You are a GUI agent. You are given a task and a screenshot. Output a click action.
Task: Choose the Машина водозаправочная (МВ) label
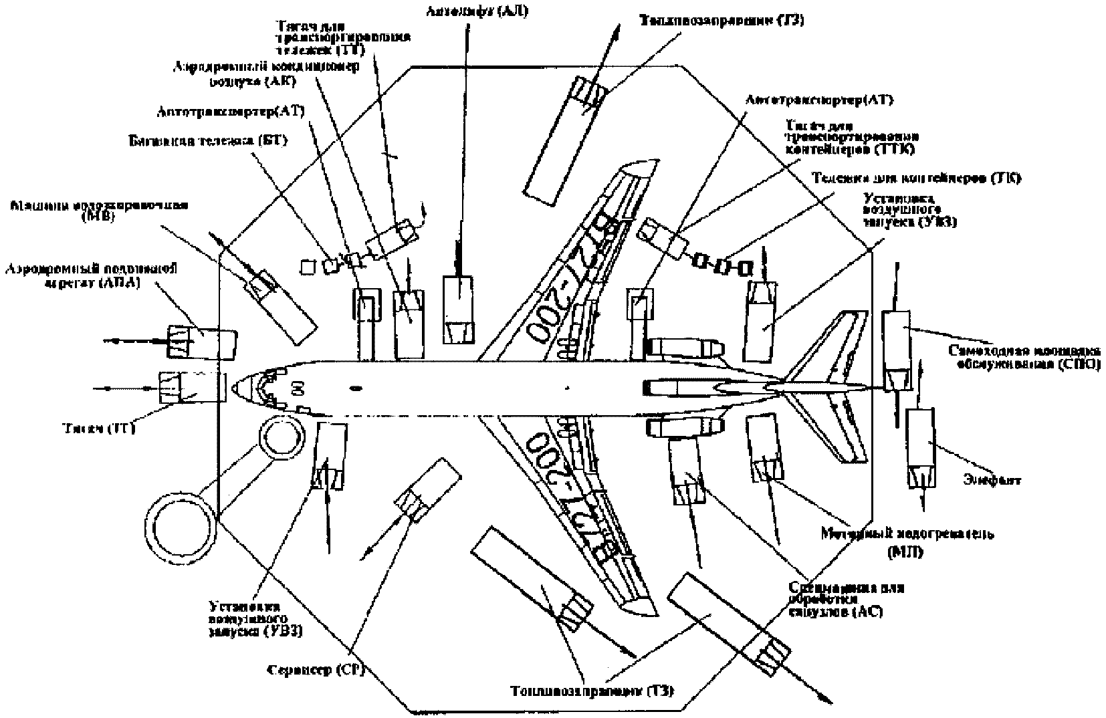[x=99, y=210]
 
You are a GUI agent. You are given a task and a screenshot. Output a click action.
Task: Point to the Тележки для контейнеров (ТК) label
[x=915, y=178]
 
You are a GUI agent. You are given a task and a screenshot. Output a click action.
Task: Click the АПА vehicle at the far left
[x=201, y=340]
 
